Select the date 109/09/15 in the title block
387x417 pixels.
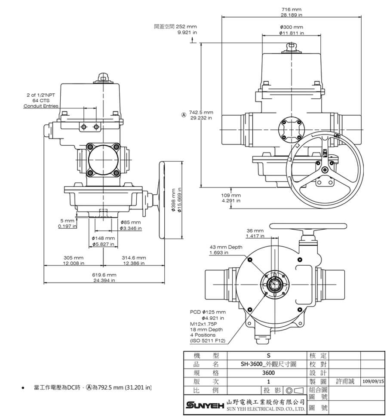(373, 381)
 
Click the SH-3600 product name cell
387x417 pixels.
(269, 364)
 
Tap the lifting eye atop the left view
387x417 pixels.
(102, 77)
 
